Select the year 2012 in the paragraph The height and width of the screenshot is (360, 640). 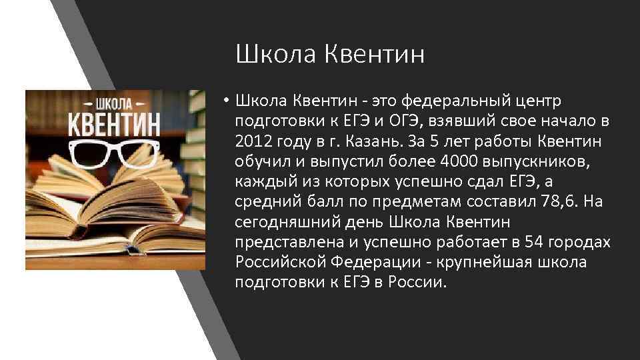[253, 141]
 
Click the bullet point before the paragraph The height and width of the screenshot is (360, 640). [227, 101]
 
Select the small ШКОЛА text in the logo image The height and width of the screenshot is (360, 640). [115, 103]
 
